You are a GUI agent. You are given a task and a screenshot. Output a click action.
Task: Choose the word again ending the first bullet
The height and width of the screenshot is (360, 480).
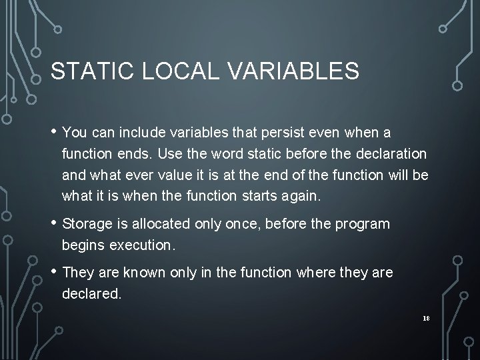pyautogui.click(x=303, y=196)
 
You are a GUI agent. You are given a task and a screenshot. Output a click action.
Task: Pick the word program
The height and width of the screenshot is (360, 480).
pyautogui.click(x=365, y=224)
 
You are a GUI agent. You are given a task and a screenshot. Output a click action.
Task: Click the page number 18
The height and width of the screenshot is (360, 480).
pyautogui.click(x=426, y=319)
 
